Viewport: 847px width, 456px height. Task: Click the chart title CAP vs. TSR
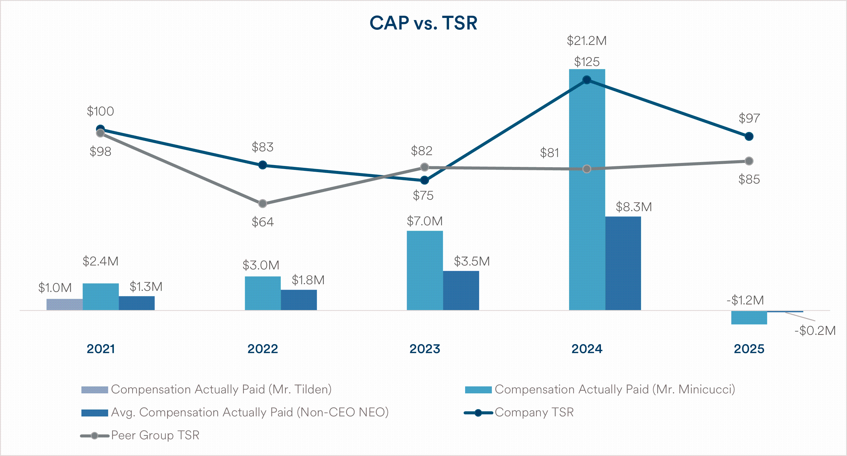point(423,23)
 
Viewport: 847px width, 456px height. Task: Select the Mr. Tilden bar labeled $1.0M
point(64,304)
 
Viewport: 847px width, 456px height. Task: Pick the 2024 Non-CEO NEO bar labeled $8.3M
point(623,263)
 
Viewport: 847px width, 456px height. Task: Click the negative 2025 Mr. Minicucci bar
point(749,318)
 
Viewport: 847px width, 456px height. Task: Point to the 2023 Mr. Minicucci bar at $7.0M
point(425,271)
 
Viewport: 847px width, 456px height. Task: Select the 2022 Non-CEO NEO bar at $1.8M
point(299,300)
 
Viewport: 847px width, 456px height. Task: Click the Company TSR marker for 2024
point(587,80)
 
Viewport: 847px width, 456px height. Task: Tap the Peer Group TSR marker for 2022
point(262,204)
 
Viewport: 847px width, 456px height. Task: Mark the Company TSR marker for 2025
point(749,136)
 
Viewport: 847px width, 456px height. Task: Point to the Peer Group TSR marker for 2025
point(749,161)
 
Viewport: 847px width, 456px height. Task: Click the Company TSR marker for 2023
point(425,180)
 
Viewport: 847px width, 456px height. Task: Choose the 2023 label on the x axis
point(425,349)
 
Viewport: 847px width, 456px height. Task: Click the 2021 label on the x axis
point(101,349)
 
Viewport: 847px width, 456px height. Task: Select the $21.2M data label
point(587,41)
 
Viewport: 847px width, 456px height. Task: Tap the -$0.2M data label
point(815,330)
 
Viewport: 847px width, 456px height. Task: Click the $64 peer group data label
point(263,222)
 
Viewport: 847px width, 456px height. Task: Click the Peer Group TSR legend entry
point(140,435)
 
